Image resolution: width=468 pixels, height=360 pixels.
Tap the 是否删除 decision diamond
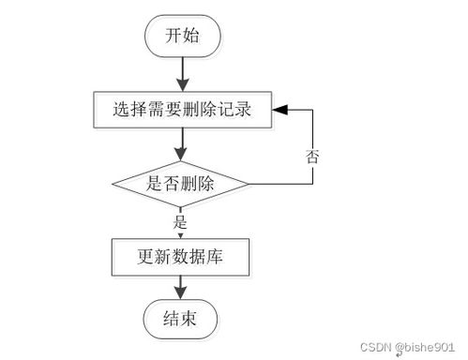[x=181, y=184]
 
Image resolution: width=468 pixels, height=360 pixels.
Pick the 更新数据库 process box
[x=180, y=254]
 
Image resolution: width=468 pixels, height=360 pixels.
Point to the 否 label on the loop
[x=312, y=156]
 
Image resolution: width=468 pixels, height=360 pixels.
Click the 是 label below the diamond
[x=181, y=222]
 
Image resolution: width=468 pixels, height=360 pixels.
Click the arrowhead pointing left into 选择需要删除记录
[x=279, y=111]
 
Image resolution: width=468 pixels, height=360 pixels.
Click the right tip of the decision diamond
[x=248, y=184]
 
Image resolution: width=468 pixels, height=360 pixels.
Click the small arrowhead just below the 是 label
[x=181, y=233]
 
